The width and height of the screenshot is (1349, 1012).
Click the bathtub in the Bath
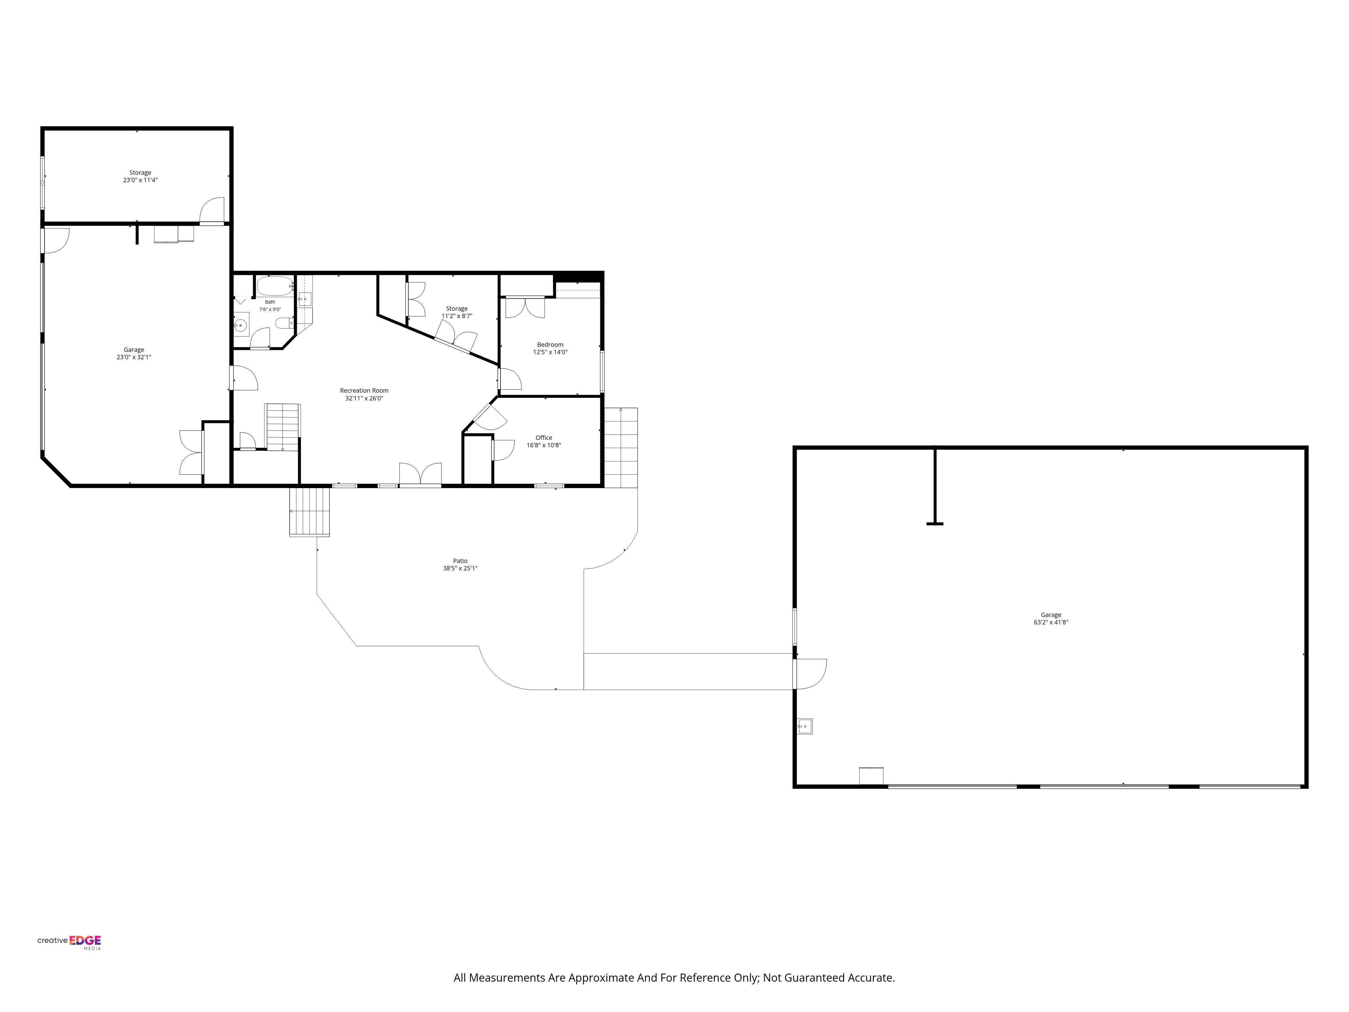pyautogui.click(x=275, y=286)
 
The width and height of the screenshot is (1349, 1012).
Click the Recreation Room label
pyautogui.click(x=364, y=390)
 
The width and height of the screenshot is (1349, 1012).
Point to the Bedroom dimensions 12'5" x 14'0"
pyautogui.click(x=550, y=352)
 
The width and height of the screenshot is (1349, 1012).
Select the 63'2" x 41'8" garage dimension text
pyautogui.click(x=1051, y=622)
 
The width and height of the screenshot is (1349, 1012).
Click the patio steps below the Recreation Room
pyautogui.click(x=309, y=511)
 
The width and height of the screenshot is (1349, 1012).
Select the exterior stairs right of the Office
pyautogui.click(x=621, y=447)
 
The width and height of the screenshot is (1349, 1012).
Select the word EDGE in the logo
pyautogui.click(x=85, y=940)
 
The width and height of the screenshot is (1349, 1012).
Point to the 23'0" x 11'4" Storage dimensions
pyautogui.click(x=140, y=180)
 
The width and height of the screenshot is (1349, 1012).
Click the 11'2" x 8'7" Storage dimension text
pyautogui.click(x=457, y=316)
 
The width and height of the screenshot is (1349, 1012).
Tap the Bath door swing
pyautogui.click(x=260, y=338)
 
